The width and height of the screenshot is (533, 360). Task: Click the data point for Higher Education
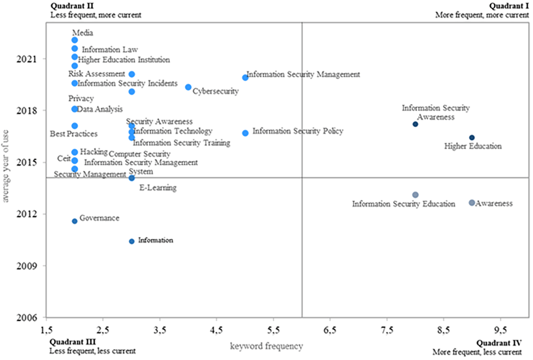472,138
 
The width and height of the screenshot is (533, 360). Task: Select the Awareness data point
472,203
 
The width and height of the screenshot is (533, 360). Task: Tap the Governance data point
75,221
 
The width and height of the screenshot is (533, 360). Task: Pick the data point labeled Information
132,241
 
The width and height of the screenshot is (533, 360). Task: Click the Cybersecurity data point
188,87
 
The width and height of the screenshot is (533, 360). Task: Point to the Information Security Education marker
415,195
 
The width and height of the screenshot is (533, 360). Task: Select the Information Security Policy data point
245,133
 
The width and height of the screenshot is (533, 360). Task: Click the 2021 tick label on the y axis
26,59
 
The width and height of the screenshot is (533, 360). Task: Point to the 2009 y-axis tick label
26,266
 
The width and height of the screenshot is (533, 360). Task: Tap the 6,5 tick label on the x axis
330,330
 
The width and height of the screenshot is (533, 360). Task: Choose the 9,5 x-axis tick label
500,330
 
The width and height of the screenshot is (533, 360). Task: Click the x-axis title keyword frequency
266,346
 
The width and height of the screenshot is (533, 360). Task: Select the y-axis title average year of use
6,166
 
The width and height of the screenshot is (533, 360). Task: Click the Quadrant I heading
509,6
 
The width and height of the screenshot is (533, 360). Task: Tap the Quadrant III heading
72,342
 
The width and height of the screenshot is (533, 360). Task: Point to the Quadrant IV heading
499,343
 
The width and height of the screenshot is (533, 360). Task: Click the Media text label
82,33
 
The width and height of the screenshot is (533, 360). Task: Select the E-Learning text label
158,188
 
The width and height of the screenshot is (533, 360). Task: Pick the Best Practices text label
74,134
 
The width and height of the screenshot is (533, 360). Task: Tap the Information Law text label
110,49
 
